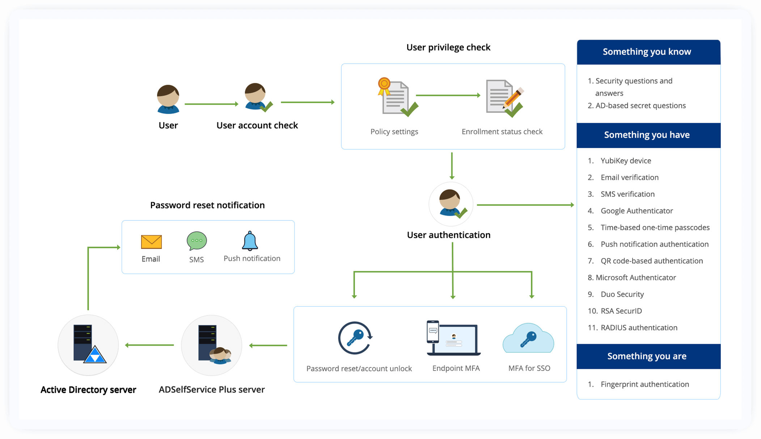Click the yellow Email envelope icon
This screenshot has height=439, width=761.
pyautogui.click(x=151, y=242)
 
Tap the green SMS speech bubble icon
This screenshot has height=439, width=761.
pyautogui.click(x=196, y=241)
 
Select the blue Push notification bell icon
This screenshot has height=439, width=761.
pyautogui.click(x=250, y=241)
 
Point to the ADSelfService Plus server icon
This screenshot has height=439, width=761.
pyautogui.click(x=212, y=345)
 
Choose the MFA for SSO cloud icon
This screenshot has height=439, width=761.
pyautogui.click(x=528, y=339)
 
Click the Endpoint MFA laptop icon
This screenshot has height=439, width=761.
pyautogui.click(x=454, y=338)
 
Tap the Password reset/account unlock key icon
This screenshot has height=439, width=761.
pyautogui.click(x=355, y=338)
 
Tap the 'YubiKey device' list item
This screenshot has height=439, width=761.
pyautogui.click(x=626, y=161)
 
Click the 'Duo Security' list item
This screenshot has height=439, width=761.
pyautogui.click(x=622, y=294)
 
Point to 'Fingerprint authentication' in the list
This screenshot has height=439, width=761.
pyautogui.click(x=644, y=384)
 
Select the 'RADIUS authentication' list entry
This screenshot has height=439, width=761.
pyautogui.click(x=639, y=328)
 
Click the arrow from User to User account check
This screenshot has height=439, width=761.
pyautogui.click(x=211, y=104)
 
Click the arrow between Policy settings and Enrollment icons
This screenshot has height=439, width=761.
pyautogui.click(x=448, y=95)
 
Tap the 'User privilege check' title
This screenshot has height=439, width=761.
pyautogui.click(x=448, y=47)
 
